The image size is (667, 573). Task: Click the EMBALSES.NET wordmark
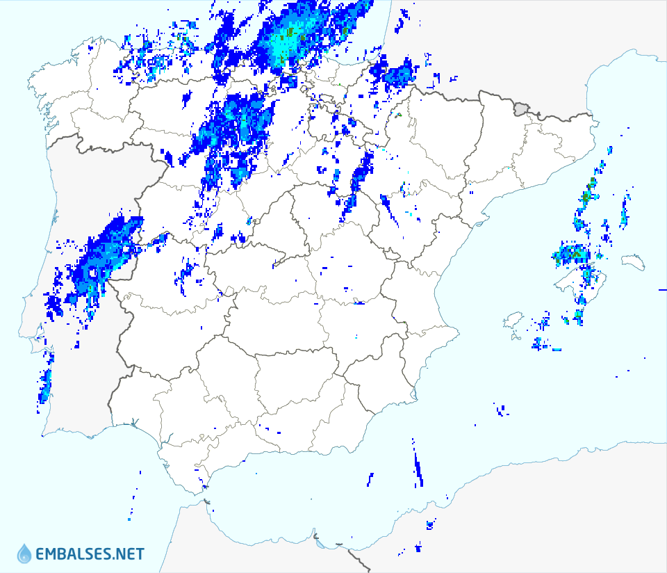click(x=90, y=554)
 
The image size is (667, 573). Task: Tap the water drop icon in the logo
click(x=24, y=554)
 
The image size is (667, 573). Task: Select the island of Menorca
click(x=634, y=262)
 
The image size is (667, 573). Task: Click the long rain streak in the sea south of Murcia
click(x=418, y=467)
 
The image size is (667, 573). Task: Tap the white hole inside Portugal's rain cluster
click(x=92, y=273)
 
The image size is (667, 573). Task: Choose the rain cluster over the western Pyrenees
click(x=393, y=74)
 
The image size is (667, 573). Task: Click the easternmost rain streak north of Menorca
click(x=625, y=211)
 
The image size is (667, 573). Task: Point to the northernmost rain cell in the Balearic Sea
click(x=609, y=150)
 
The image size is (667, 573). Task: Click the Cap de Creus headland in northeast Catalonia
click(x=595, y=123)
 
